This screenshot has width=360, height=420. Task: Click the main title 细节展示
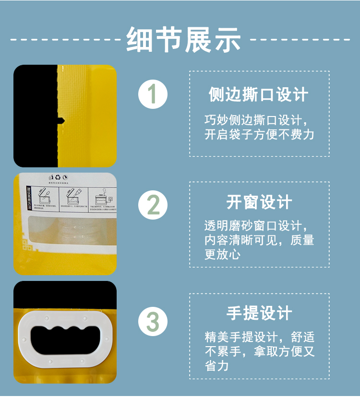point(184,39)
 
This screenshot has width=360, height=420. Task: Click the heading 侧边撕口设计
point(259,94)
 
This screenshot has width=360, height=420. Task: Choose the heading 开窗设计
point(259,202)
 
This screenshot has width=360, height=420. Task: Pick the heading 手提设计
point(259,314)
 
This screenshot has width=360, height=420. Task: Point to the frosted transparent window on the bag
point(72,230)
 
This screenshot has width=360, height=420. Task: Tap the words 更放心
point(222,254)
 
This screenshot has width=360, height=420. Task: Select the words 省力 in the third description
point(216,366)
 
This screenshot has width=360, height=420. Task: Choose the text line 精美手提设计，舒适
point(259,337)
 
